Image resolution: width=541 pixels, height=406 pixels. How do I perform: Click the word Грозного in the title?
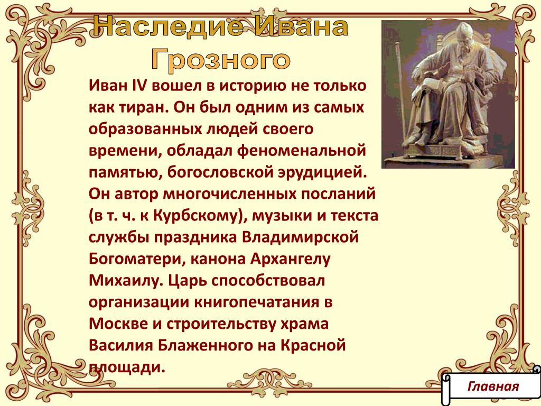[x=220, y=59]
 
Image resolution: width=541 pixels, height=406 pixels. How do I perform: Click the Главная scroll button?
[x=492, y=386]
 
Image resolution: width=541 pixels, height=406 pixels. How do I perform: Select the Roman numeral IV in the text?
[x=140, y=85]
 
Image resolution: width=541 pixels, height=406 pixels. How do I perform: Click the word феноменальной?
[x=301, y=151]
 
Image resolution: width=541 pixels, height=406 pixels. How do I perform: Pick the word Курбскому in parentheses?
[x=195, y=216]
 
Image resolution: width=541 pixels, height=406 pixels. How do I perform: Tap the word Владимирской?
[x=300, y=237]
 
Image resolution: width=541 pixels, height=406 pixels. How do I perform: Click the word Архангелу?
[x=290, y=259]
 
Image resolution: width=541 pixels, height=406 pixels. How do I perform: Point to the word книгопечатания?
[x=257, y=302]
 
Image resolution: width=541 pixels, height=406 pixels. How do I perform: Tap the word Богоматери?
[x=137, y=259]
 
